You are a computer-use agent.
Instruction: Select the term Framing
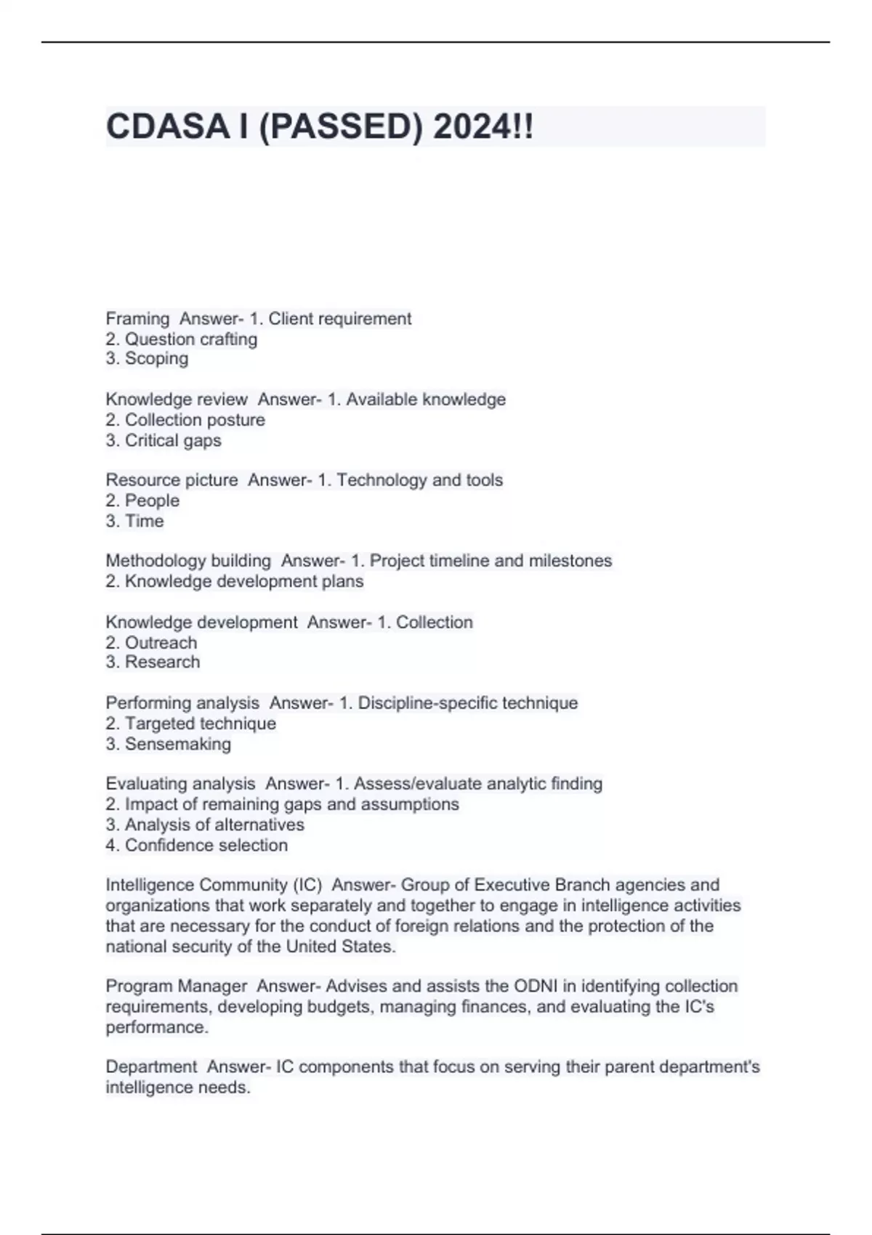click(x=137, y=319)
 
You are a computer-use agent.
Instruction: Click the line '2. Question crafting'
click(x=182, y=339)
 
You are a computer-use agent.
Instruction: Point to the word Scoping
click(x=156, y=359)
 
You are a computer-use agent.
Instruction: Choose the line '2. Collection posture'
click(x=185, y=420)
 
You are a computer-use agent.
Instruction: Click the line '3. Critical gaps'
click(x=163, y=440)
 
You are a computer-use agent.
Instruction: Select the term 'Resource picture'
click(x=171, y=480)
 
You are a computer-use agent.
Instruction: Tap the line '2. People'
click(x=142, y=501)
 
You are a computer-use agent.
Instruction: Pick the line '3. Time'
click(x=134, y=521)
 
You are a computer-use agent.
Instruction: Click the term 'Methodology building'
click(x=188, y=561)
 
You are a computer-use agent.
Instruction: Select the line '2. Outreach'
click(x=151, y=643)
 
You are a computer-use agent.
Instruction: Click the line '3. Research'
click(x=153, y=662)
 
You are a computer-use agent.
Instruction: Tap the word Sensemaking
click(x=177, y=744)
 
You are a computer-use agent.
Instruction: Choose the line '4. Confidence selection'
click(x=196, y=845)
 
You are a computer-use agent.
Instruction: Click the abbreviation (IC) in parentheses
click(x=307, y=885)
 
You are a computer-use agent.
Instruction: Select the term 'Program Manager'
click(x=177, y=986)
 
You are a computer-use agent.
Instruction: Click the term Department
click(x=151, y=1066)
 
